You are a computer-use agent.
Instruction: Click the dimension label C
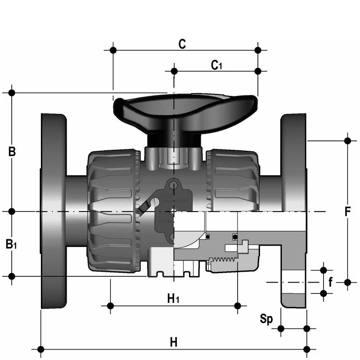point(182,44)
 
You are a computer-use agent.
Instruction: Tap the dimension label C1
point(217,65)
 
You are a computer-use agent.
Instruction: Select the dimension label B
point(12,152)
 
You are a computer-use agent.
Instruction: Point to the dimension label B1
point(12,244)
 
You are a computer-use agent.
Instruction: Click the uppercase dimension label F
point(347,211)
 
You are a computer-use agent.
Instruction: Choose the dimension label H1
point(173,297)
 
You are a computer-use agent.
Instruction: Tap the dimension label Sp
point(267,319)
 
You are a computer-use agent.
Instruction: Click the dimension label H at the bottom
point(173,342)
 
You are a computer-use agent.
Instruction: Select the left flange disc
point(54,211)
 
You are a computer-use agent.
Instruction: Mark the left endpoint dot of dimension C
point(113,49)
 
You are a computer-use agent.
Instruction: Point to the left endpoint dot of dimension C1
point(174,71)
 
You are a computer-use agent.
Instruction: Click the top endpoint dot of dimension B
point(12,93)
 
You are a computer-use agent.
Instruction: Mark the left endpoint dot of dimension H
point(40,349)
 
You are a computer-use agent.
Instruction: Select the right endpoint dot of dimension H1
point(238,306)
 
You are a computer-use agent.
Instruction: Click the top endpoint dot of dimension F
point(347,141)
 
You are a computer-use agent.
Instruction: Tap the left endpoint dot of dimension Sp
point(281,328)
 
